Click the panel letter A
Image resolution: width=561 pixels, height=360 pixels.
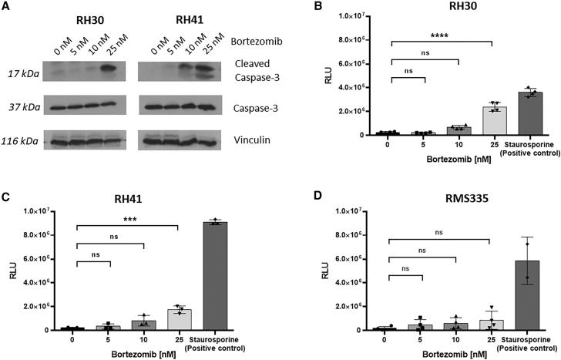pyautogui.click(x=6, y=7)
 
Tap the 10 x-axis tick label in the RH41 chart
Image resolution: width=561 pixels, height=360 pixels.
pyautogui.click(x=143, y=339)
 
